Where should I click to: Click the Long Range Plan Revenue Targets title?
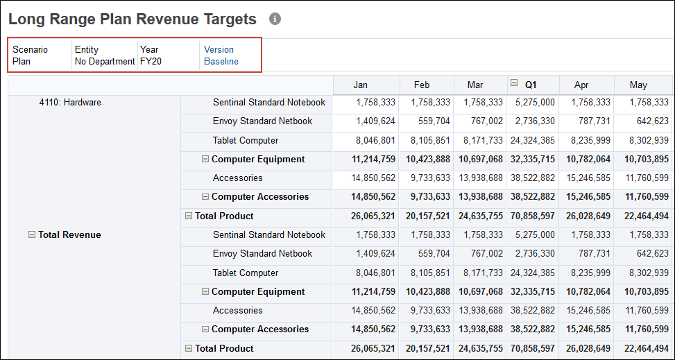tap(133, 19)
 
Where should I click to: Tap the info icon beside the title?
tap(275, 19)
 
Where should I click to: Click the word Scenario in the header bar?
tap(30, 49)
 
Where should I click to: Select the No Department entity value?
tap(105, 61)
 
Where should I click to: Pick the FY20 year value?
tap(151, 61)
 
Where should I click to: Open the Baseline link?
tap(221, 61)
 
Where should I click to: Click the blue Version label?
tap(219, 49)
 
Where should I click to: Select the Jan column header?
tap(360, 85)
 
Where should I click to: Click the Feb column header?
tap(421, 85)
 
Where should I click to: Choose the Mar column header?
tap(475, 85)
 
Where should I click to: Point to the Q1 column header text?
tap(531, 85)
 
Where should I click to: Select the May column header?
tap(638, 85)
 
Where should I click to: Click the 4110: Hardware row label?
tap(69, 102)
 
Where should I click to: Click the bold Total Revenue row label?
tap(69, 234)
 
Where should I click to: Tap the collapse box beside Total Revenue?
tap(32, 234)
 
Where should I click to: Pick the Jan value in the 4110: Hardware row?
tap(375, 102)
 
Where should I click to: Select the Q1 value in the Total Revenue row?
tap(534, 234)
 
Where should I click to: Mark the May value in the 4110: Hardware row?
tap(649, 102)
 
